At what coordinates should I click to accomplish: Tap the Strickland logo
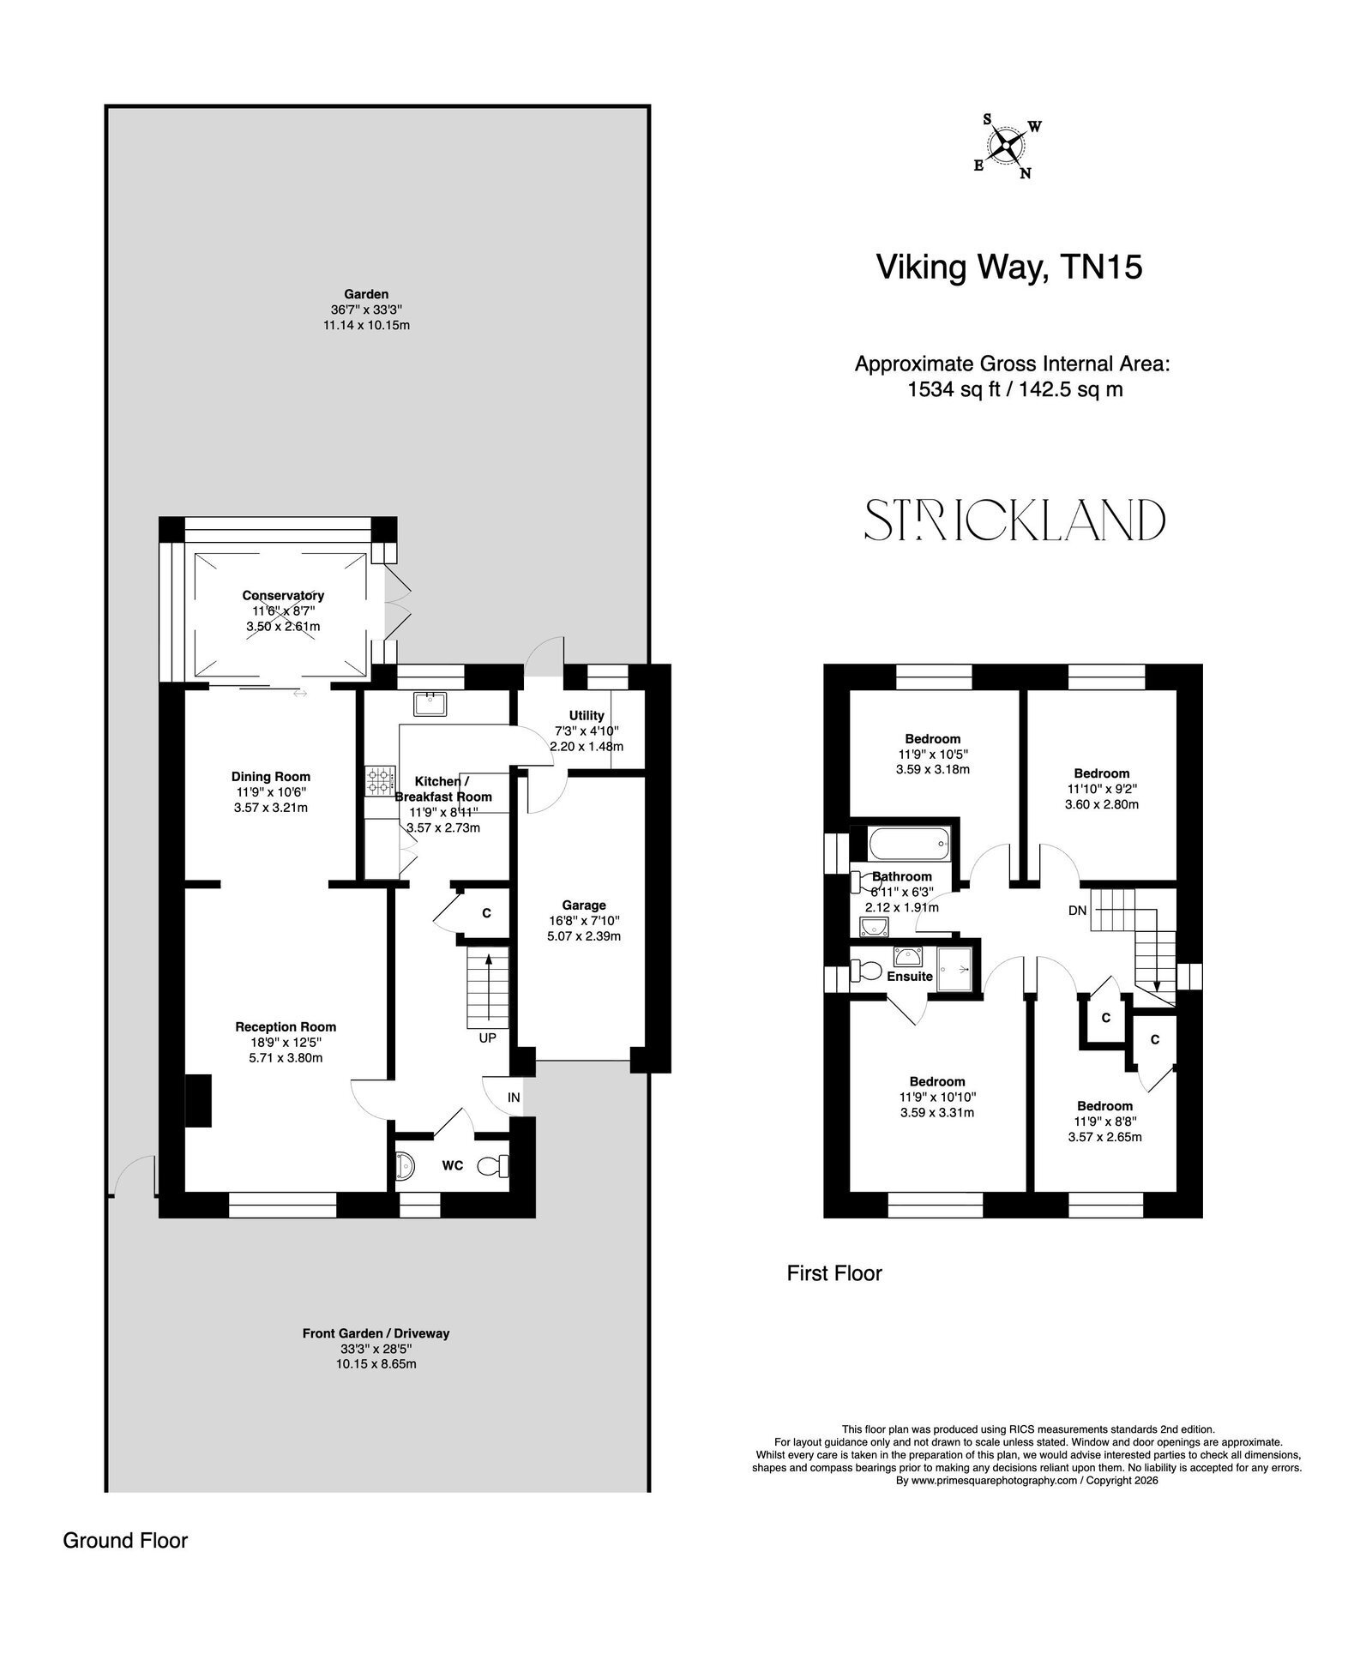1014,520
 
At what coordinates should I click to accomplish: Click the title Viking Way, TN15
1008,268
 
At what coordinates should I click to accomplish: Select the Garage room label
584,905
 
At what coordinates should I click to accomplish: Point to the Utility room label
587,715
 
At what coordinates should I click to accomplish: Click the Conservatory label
283,595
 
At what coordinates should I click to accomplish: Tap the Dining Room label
271,777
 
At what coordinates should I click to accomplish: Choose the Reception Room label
286,1026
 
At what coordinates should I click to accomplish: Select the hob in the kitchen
377,781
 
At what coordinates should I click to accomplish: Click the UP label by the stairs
487,1038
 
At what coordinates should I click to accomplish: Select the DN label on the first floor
1078,910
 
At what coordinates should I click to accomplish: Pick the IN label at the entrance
514,1097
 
